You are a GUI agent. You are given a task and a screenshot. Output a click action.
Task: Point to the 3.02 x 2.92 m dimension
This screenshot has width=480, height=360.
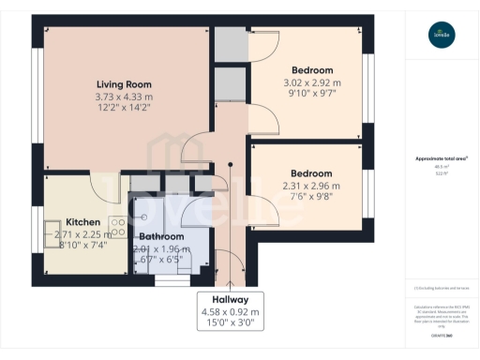coord(311,82)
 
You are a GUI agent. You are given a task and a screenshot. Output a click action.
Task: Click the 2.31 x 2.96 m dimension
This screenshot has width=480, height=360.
coord(311,186)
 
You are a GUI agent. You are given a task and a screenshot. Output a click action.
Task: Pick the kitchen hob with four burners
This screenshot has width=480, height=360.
coord(118,228)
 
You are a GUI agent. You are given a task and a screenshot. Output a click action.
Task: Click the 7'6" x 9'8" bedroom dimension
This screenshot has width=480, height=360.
coord(311,198)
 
